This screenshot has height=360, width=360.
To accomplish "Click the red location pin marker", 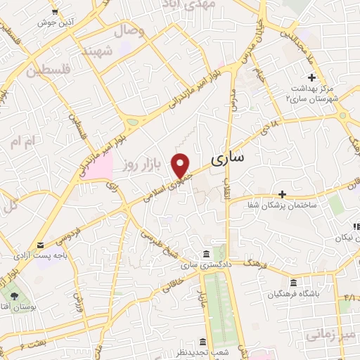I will click(181, 165).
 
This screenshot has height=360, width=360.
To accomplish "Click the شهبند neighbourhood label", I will click(97, 52).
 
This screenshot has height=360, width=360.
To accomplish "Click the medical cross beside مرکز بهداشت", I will click(311, 77).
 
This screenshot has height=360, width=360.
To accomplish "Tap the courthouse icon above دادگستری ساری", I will click(205, 253).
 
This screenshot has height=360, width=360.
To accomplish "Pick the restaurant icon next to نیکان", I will click(356, 226).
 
